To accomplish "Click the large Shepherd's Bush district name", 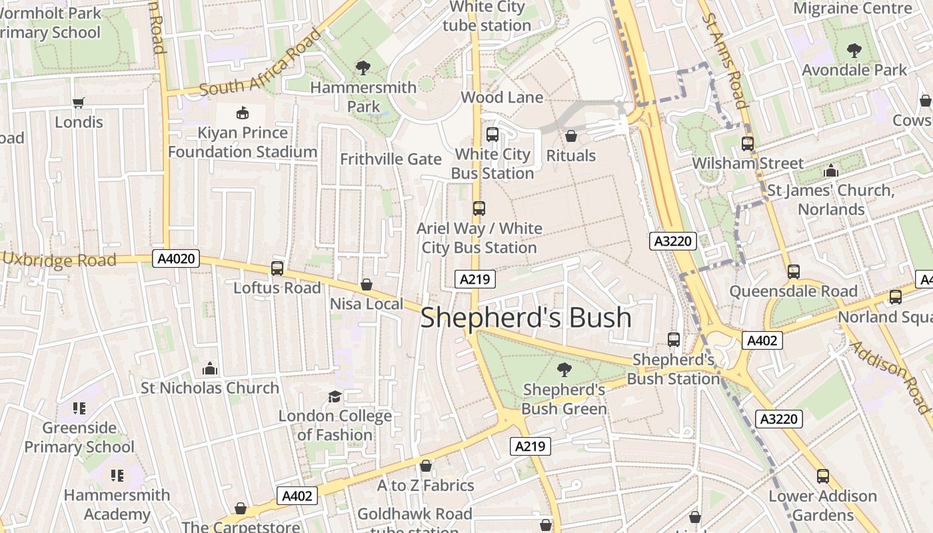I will click(x=526, y=318).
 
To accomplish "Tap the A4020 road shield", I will click(x=176, y=259).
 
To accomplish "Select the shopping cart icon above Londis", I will click(x=79, y=103).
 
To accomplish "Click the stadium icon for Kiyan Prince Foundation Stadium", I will click(x=242, y=113).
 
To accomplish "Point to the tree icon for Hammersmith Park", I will click(x=363, y=67).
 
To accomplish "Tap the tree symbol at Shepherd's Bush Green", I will click(x=564, y=369).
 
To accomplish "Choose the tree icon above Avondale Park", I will click(x=854, y=50).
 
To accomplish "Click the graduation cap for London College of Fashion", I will click(x=335, y=396).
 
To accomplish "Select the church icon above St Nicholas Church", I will click(x=210, y=368).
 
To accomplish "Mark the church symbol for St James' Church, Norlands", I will click(x=830, y=171).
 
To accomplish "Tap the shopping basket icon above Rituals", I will click(x=571, y=136).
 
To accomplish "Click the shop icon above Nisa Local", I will click(x=367, y=284).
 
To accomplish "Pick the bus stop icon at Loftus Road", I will click(x=277, y=268).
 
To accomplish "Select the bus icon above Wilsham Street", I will click(x=748, y=143).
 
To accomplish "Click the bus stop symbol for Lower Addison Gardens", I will click(x=823, y=476).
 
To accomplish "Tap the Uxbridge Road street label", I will click(x=59, y=260).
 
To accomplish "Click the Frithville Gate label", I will click(x=391, y=159).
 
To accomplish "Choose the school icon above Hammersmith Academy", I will click(x=117, y=476).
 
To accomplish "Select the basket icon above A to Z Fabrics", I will click(x=426, y=466).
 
